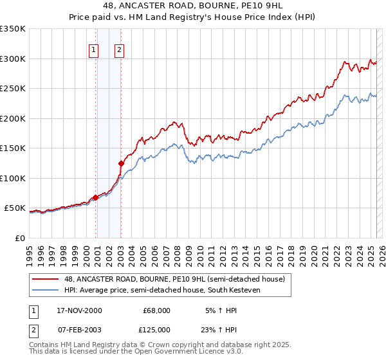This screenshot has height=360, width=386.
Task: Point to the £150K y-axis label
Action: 13,148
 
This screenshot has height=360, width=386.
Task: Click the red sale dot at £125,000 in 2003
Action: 121,163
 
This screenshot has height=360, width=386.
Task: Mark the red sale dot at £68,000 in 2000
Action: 96,197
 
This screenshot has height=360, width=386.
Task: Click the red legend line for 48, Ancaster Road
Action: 47,278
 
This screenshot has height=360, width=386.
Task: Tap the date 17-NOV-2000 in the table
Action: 80,310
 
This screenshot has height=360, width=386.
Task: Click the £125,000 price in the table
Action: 156,329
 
